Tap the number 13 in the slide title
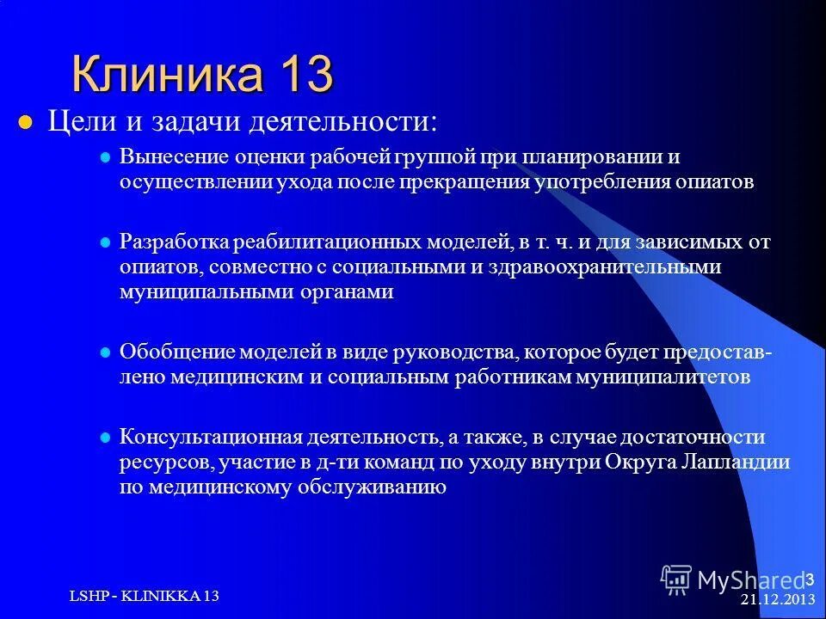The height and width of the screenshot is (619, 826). pyautogui.click(x=305, y=74)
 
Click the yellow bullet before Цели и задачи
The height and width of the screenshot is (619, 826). pyautogui.click(x=25, y=121)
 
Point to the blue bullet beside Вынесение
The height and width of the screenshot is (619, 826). pyautogui.click(x=107, y=158)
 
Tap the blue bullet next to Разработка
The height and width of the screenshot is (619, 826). pyautogui.click(x=107, y=242)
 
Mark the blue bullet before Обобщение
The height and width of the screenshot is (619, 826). pyautogui.click(x=107, y=352)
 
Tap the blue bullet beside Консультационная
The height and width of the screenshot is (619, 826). pyautogui.click(x=107, y=437)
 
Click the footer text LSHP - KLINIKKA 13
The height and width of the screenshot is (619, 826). pyautogui.click(x=144, y=596)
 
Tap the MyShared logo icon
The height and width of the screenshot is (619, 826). pyautogui.click(x=676, y=579)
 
